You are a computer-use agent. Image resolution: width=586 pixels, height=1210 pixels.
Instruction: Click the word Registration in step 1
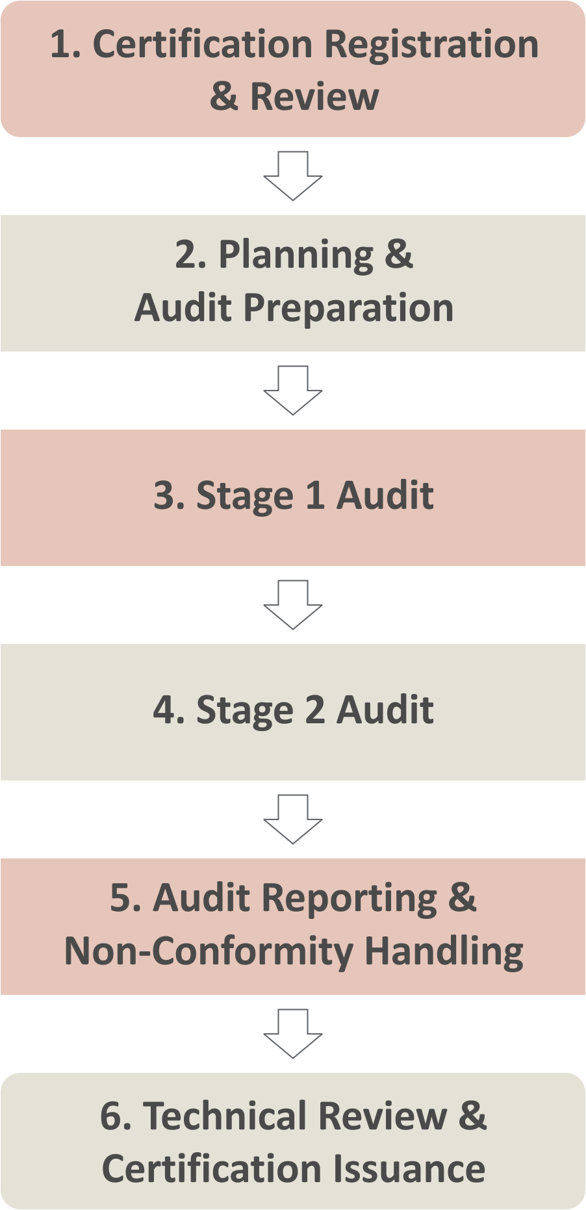click(431, 45)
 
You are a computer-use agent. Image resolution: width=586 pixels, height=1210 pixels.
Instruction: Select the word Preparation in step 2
click(348, 307)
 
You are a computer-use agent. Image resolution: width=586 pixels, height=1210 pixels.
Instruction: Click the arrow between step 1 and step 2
click(293, 176)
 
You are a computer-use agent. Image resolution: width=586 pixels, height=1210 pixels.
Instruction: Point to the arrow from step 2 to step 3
click(293, 391)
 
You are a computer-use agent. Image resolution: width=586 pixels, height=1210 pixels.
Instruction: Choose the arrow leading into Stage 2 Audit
click(293, 605)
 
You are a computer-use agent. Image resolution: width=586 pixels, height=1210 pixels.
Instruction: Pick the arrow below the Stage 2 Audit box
click(293, 819)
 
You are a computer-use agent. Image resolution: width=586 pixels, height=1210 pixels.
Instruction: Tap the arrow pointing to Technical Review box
click(293, 1034)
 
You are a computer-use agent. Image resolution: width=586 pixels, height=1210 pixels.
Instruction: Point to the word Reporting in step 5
click(350, 899)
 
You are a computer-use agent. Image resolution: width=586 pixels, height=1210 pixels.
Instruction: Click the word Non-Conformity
click(209, 951)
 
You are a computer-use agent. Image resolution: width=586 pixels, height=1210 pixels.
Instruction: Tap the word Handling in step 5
click(444, 951)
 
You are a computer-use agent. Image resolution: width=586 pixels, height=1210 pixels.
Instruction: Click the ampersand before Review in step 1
click(224, 97)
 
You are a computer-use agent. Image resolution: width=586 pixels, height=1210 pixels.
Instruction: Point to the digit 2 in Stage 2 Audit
click(314, 710)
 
